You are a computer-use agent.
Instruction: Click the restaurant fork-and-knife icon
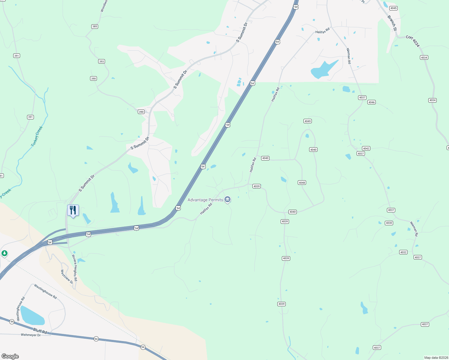pyautogui.click(x=73, y=210)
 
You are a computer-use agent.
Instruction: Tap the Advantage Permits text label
pyautogui.click(x=205, y=200)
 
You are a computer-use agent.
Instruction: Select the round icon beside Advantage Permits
pyautogui.click(x=228, y=199)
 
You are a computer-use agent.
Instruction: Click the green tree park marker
pyautogui.click(x=4, y=253)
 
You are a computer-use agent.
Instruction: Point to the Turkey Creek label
pyautogui.click(x=37, y=136)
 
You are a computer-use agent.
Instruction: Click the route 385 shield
pyautogui.click(x=95, y=26)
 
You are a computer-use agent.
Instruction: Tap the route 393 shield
pyautogui.click(x=101, y=61)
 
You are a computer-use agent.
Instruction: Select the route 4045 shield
pyautogui.click(x=393, y=8)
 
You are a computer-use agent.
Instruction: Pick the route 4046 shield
pyautogui.click(x=372, y=102)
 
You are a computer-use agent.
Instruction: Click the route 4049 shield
pyautogui.click(x=307, y=121)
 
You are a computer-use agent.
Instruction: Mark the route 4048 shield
pyautogui.click(x=302, y=183)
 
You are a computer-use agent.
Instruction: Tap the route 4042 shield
pyautogui.click(x=366, y=148)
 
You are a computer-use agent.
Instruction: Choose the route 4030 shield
pyautogui.click(x=389, y=223)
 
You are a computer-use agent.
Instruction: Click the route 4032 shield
pyautogui.click(x=403, y=252)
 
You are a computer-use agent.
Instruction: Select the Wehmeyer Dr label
pyautogui.click(x=31, y=335)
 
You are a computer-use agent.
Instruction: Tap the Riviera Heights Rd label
pyautogui.click(x=74, y=268)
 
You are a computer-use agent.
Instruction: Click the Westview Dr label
pyautogui.click(x=67, y=277)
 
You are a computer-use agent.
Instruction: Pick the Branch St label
pyautogui.click(x=392, y=23)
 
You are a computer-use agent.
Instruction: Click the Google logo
pyautogui.click(x=10, y=356)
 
